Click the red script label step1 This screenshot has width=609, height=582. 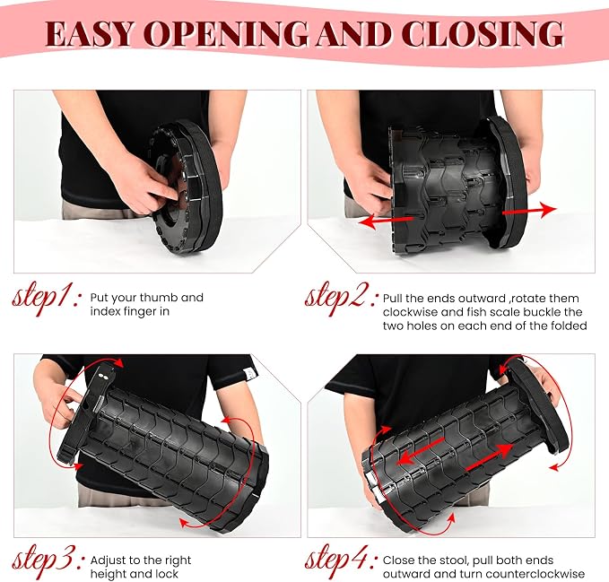click(x=47, y=299)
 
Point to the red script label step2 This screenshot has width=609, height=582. click(x=341, y=299)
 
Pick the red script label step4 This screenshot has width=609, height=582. click(x=341, y=561)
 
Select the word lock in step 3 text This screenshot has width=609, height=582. click(x=166, y=574)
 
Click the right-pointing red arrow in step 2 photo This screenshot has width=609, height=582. click(x=529, y=211)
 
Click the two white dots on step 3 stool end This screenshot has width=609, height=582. click(x=103, y=376)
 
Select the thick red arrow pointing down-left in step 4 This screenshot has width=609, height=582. click(x=421, y=452)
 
